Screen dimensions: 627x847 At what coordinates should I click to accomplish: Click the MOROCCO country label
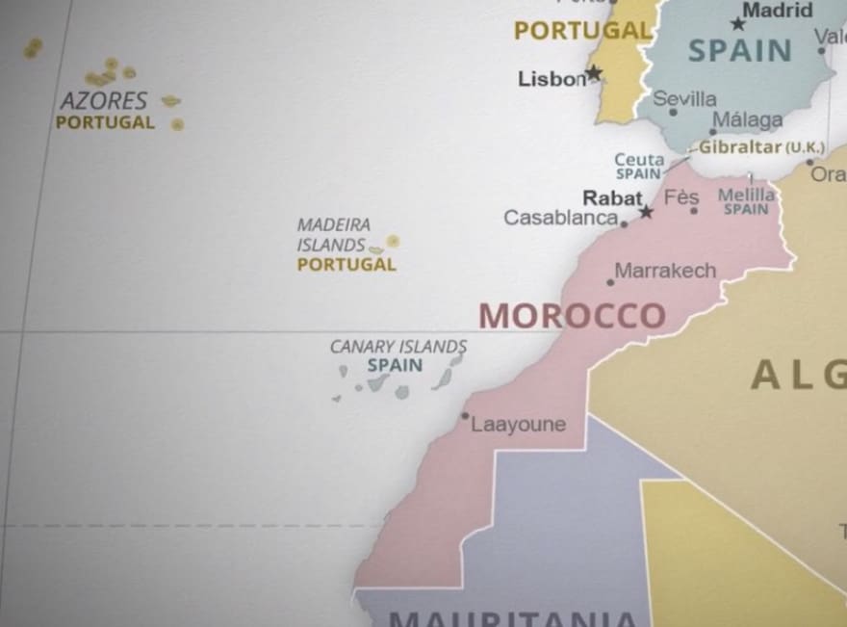point(572,316)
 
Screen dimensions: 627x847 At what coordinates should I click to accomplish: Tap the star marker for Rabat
point(647,211)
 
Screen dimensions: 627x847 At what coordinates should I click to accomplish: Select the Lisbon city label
point(552,79)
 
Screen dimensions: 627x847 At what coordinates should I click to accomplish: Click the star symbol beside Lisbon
point(594,72)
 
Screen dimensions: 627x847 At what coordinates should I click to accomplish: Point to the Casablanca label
point(561,218)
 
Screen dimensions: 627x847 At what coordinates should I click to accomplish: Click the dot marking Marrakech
point(610,282)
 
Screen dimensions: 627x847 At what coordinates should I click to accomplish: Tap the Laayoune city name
point(518,425)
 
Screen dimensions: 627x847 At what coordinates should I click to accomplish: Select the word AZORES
point(104,101)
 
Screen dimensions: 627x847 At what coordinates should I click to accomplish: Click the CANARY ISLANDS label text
point(398,347)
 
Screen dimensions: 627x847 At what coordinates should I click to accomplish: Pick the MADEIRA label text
point(334,224)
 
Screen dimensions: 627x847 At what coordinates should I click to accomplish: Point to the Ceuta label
point(639,160)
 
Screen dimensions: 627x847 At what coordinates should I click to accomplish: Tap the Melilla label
point(746,196)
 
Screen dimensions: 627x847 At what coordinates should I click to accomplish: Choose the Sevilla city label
point(685,98)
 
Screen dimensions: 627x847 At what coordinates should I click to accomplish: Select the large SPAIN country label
point(740,50)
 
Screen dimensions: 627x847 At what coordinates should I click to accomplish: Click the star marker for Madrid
point(737,24)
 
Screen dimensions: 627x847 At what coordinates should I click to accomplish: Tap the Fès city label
point(681,197)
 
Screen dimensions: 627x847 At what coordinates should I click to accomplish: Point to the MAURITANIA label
point(513,617)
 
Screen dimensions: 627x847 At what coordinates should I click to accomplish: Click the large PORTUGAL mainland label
point(582,31)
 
